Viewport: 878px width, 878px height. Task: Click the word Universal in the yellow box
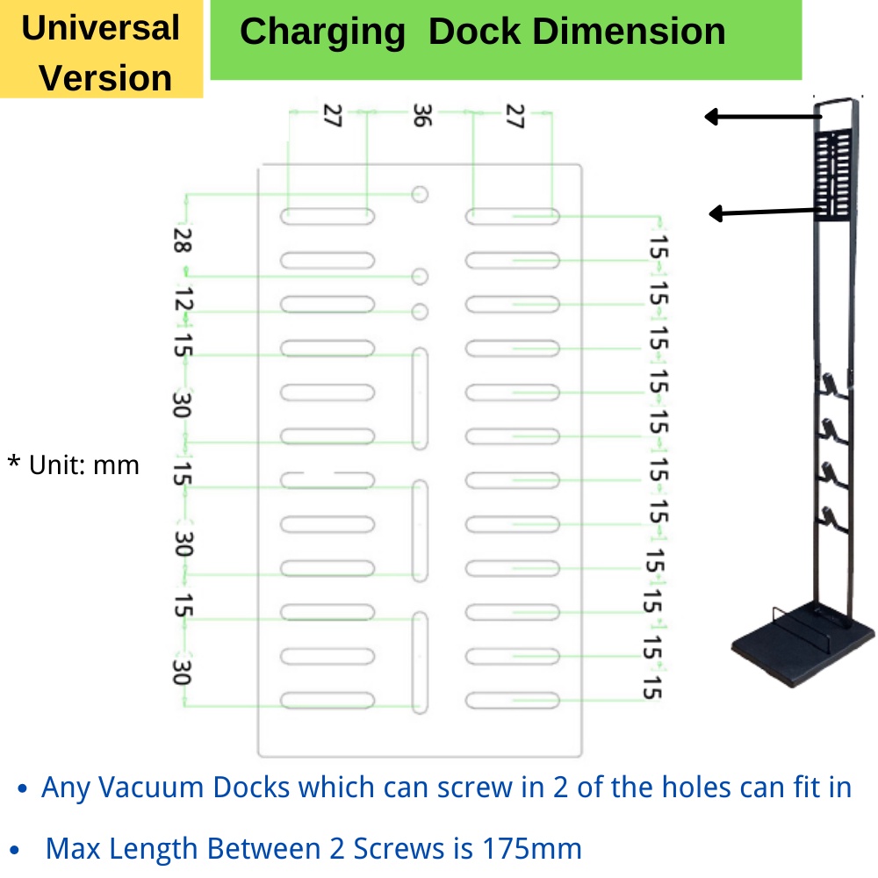(101, 28)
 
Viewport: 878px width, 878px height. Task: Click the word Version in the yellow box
(105, 77)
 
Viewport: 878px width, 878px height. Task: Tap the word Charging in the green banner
(322, 32)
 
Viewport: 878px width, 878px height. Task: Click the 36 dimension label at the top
(422, 115)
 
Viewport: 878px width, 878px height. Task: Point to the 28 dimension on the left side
(183, 241)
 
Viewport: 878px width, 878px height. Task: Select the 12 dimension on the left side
(184, 299)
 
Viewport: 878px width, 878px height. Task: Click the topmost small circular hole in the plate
(420, 194)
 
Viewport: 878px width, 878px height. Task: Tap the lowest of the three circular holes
(420, 312)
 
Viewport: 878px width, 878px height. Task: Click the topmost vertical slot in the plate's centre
(420, 399)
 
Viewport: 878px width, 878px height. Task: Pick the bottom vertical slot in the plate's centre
(420, 663)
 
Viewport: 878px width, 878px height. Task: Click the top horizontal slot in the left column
(327, 216)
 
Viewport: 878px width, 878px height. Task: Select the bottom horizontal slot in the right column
(513, 701)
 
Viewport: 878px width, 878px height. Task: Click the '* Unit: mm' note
(74, 464)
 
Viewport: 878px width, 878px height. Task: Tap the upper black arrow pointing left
(763, 117)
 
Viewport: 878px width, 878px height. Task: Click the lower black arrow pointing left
(765, 212)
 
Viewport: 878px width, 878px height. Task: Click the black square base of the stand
(803, 644)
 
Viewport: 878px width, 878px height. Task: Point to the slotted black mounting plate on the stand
(833, 175)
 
